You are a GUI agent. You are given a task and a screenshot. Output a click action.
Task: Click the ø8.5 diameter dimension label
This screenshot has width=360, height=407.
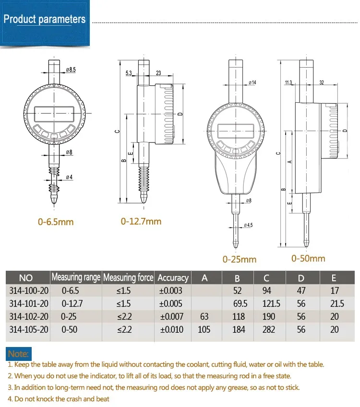pos(71,70)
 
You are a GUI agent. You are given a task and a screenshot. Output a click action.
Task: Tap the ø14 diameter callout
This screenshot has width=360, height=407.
pos(252,83)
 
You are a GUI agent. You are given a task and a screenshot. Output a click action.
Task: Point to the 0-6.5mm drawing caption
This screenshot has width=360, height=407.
pos(56,222)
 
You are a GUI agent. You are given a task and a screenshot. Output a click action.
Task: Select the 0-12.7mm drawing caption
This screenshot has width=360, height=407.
pos(141,221)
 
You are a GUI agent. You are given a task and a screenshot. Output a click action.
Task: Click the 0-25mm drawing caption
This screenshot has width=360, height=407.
pos(240,259)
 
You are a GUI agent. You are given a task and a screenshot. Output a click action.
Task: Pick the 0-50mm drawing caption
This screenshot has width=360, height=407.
pos(308,258)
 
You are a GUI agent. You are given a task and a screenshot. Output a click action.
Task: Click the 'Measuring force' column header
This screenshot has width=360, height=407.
pos(128,277)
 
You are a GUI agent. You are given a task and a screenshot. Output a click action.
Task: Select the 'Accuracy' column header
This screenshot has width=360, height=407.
pos(173,278)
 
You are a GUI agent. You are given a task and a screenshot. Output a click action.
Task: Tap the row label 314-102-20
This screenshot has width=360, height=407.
pos(29,316)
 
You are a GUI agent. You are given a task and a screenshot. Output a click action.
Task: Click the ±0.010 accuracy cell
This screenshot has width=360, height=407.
pos(171,329)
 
